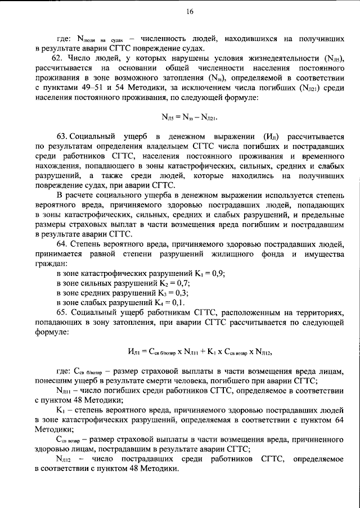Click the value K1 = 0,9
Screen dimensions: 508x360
pyautogui.click(x=197, y=273)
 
